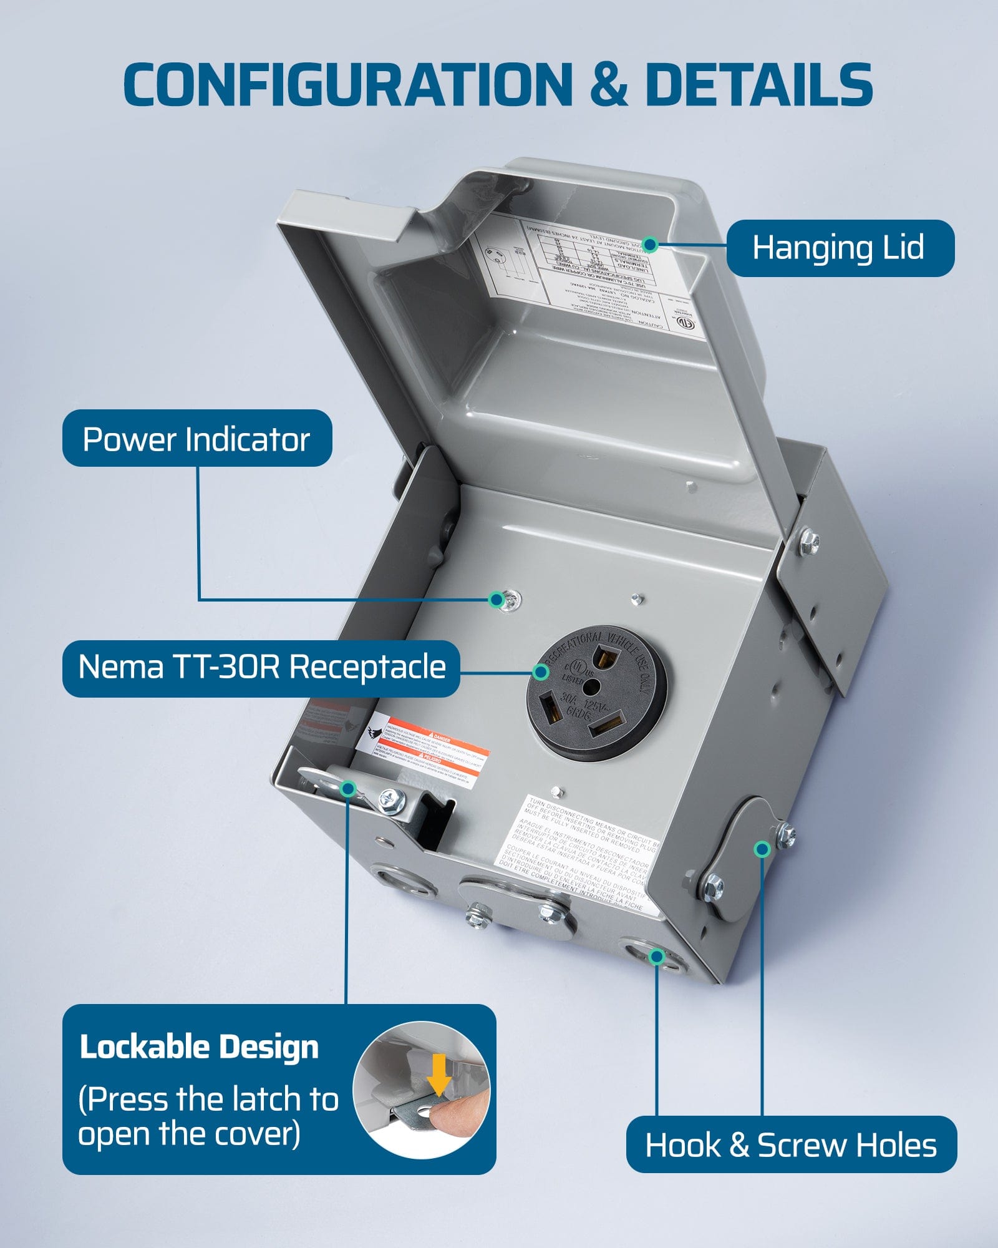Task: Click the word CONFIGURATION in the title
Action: click(347, 84)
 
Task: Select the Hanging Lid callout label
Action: click(840, 248)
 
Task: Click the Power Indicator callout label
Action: click(196, 439)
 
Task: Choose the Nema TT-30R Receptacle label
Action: click(261, 668)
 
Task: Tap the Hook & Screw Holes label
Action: click(791, 1146)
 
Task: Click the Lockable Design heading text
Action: click(199, 1047)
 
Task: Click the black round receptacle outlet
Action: click(596, 693)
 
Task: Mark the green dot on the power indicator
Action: click(497, 600)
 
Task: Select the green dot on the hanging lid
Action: click(650, 244)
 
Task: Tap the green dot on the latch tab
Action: click(349, 789)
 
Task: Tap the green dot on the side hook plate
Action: click(762, 849)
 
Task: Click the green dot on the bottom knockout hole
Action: click(656, 957)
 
